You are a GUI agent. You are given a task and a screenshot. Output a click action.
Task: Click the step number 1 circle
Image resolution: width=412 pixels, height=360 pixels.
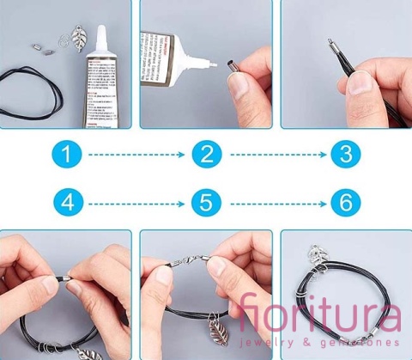click(70, 156)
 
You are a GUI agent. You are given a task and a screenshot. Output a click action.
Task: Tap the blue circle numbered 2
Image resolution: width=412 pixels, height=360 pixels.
click(206, 156)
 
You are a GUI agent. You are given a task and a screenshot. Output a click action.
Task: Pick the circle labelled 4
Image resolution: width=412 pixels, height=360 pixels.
click(70, 204)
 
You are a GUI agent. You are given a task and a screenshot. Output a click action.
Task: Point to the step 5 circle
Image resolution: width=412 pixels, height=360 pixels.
click(206, 204)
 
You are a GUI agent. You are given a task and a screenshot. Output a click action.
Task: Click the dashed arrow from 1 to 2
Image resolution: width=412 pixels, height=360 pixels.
click(137, 156)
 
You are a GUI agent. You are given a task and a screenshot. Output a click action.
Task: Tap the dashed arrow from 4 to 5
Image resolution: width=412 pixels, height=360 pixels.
click(137, 204)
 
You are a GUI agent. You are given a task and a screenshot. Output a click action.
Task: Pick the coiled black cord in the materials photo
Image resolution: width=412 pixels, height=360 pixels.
click(34, 86)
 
